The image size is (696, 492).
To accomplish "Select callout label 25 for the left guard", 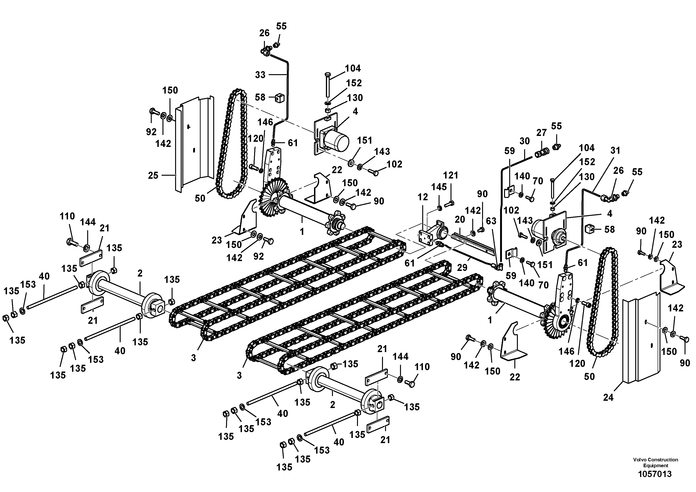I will click(153, 175).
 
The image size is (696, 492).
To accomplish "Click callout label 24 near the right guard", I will click(608, 397).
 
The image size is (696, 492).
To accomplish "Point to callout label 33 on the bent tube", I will click(260, 75).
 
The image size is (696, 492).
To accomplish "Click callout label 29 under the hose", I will click(462, 268).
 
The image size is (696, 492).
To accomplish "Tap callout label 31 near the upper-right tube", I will click(615, 151).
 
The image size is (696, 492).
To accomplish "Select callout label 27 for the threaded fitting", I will click(541, 133).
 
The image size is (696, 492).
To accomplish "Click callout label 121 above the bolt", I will click(451, 175).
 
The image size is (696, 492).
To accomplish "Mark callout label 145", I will click(439, 187).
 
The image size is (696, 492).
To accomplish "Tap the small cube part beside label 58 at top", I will click(279, 98).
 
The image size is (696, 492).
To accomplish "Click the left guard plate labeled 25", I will click(194, 142).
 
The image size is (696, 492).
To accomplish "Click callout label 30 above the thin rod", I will click(524, 141).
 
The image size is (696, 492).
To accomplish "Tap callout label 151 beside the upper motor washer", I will click(364, 140).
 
